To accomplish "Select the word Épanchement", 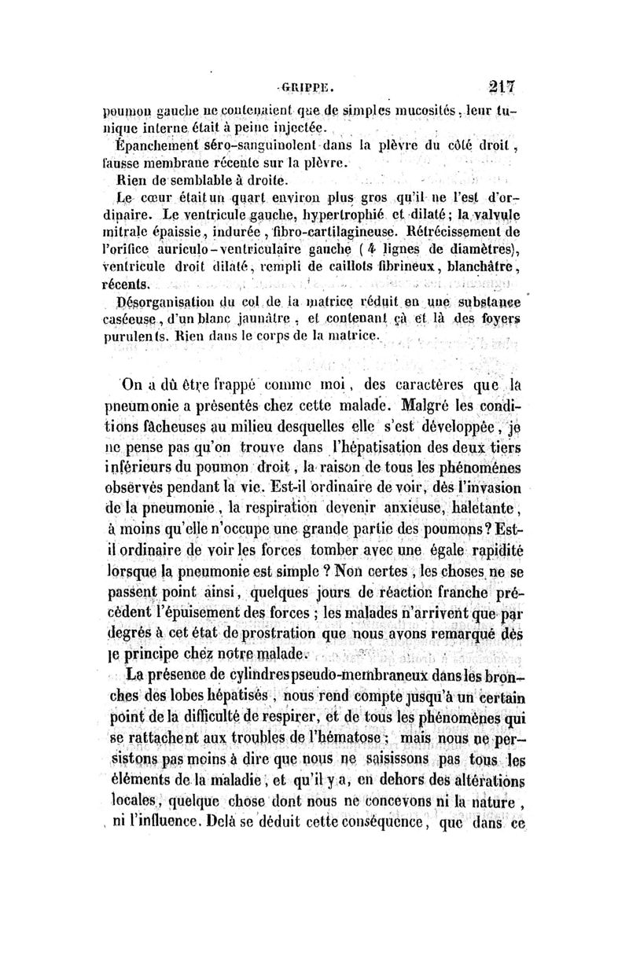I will pyautogui.click(x=153, y=145).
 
